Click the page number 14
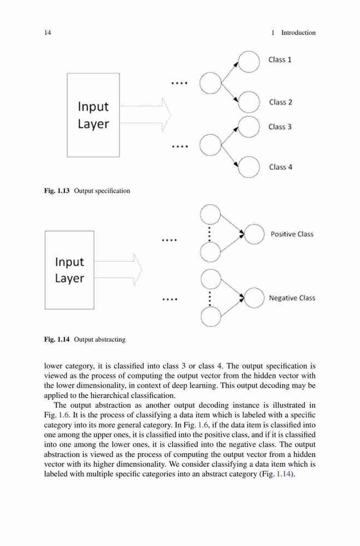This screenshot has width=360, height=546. coord(48,33)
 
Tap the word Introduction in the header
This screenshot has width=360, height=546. coord(298,33)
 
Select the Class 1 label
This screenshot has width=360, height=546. coord(280,60)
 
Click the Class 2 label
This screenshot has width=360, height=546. coord(281,102)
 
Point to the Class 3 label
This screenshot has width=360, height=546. coord(280,127)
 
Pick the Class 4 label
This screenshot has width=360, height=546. coord(281,167)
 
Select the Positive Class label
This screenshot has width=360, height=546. coord(292,234)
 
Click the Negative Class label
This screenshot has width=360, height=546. coord(292,298)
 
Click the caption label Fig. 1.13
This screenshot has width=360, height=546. coord(57,191)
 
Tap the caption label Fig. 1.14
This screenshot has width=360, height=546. coord(57,340)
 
